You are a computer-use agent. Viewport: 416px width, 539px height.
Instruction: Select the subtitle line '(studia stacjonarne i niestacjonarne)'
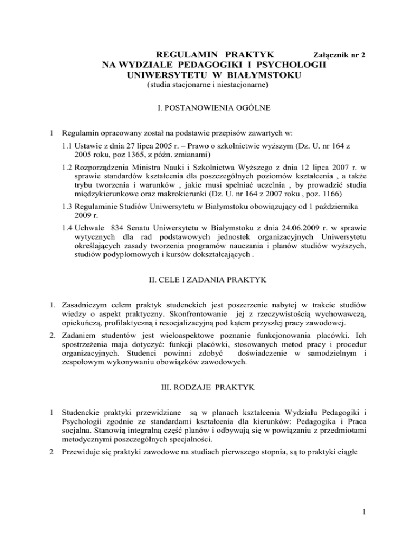click(208, 86)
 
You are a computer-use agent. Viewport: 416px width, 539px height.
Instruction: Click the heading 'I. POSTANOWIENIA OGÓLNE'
click(209, 108)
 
